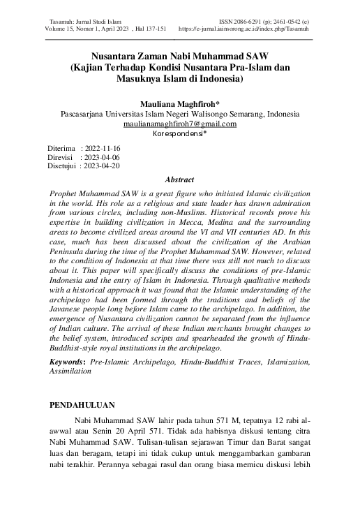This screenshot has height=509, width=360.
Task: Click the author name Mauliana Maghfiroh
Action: point(178,103)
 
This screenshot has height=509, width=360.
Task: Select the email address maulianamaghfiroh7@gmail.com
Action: point(179,123)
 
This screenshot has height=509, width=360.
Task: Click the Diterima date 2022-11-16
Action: point(103,149)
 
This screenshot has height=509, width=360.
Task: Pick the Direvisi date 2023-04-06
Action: point(103,158)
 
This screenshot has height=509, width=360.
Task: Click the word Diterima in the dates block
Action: point(61,149)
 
